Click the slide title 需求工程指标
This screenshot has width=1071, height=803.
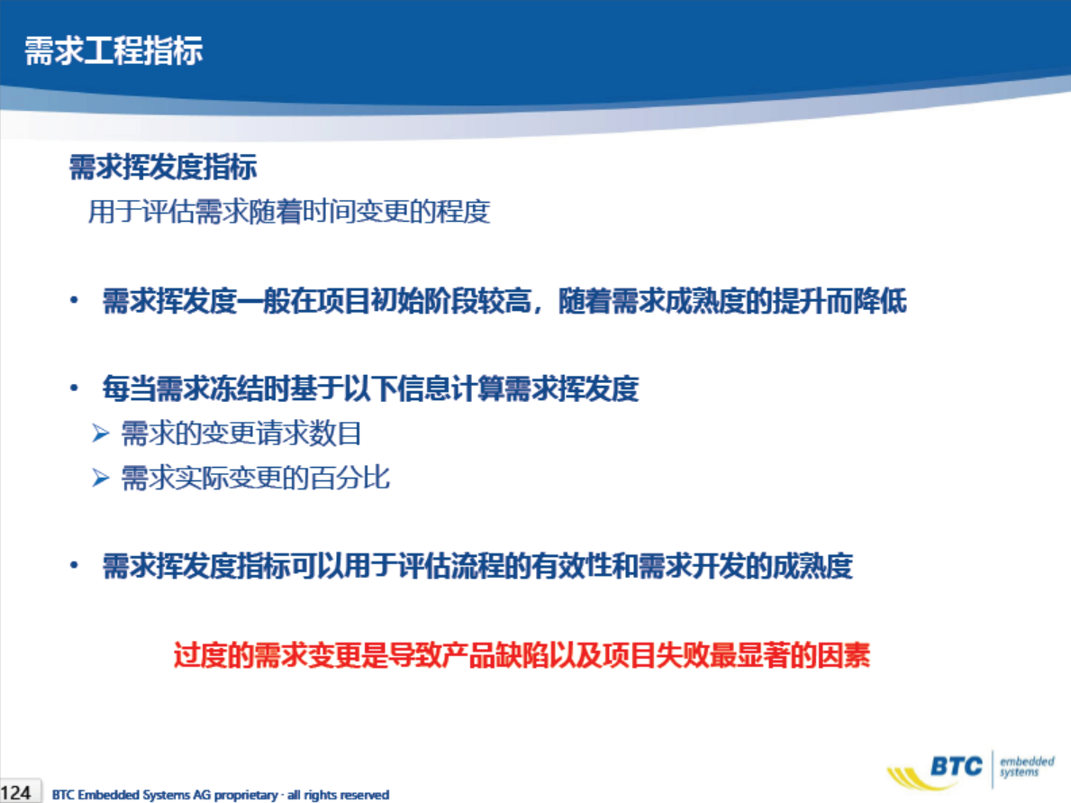coord(113,50)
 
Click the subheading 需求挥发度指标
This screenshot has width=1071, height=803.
coord(163,168)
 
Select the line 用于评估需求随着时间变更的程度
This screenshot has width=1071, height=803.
coord(289,211)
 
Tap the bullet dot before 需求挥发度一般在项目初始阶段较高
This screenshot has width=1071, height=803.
coord(75,300)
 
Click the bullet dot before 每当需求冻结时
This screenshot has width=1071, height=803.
coord(75,388)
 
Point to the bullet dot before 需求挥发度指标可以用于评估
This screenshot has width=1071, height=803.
coord(75,565)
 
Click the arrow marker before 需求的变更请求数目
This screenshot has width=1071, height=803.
coord(100,433)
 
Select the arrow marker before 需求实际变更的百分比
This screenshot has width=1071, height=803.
coord(100,478)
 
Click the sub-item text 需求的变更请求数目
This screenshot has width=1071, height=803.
coord(241,433)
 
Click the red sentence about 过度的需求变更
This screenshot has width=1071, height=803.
coord(522,654)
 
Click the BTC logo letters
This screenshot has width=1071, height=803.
coord(957,767)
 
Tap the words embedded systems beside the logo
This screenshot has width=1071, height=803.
coord(1027,767)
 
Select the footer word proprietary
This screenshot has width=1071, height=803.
coord(246,795)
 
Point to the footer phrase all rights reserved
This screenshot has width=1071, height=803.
coord(338,795)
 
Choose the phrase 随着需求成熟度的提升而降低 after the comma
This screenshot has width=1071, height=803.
coord(732,301)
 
